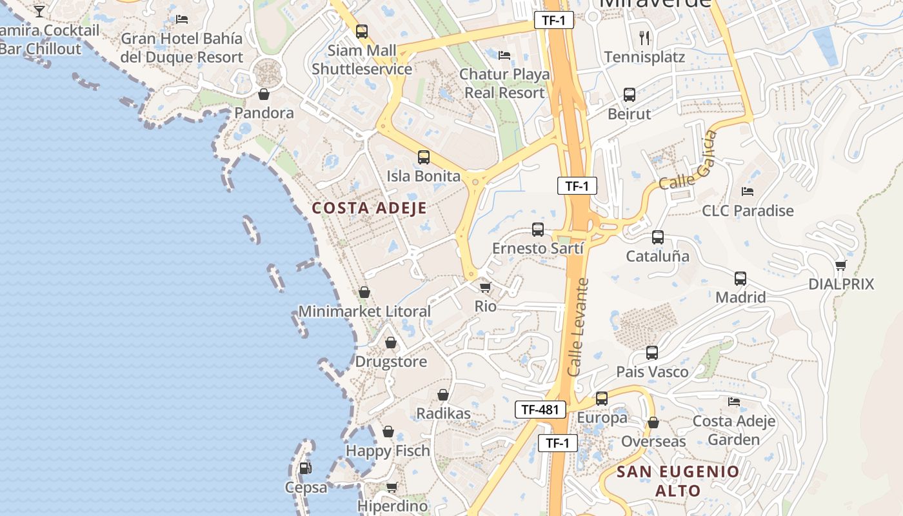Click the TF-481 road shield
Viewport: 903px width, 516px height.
541,410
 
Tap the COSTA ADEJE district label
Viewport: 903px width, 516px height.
369,208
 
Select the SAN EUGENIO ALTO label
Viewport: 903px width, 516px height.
678,481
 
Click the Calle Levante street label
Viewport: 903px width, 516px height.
579,328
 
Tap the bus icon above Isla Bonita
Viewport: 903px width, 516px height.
424,157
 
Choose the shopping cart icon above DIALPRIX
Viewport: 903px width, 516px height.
840,265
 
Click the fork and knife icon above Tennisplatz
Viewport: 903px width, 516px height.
644,37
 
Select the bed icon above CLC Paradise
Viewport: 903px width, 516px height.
748,192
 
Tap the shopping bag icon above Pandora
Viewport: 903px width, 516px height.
264,95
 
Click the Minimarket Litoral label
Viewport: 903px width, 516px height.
364,312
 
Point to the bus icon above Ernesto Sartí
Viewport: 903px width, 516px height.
538,230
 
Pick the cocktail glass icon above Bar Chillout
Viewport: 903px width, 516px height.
39,11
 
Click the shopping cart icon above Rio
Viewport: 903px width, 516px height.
485,287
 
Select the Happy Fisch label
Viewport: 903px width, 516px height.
388,451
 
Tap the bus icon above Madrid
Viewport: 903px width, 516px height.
740,279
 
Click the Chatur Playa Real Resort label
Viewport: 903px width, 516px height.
504,83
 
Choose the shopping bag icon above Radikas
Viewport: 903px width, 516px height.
443,395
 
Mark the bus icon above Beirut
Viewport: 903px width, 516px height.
630,95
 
